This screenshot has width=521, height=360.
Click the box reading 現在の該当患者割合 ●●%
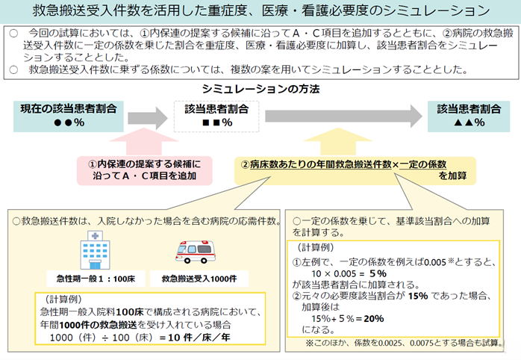pos(68,116)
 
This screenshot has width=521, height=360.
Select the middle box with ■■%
pos(216,116)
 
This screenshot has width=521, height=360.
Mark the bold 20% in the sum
pos(373,317)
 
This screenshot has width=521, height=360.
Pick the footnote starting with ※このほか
pos(399,343)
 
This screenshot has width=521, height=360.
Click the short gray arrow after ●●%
pos(148,117)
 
